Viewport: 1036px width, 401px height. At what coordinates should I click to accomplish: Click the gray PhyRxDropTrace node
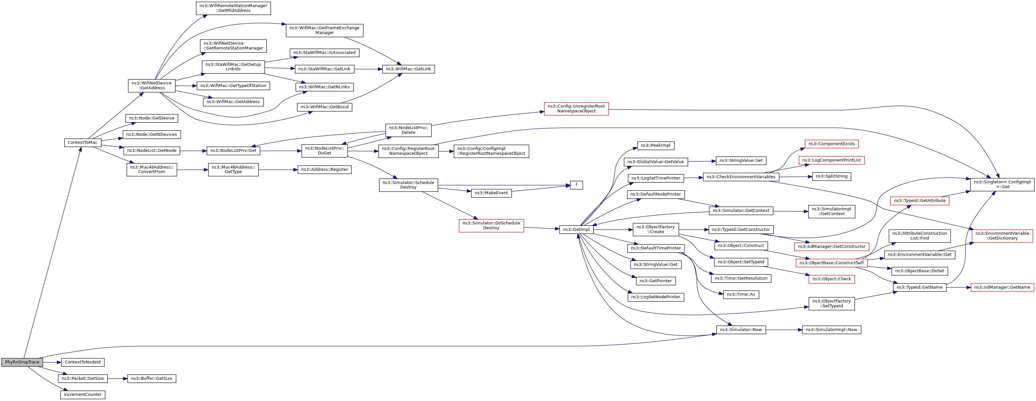tap(22, 362)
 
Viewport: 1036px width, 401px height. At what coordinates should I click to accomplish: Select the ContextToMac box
tap(83, 143)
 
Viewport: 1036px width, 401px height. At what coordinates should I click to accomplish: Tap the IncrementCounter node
tap(83, 395)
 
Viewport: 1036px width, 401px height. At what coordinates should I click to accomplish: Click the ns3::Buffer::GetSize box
tap(152, 379)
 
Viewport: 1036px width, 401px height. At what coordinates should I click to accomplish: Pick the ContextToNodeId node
tap(83, 362)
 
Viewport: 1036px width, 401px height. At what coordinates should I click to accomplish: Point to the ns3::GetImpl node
tap(576, 230)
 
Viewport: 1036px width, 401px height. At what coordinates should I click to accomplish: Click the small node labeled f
tap(576, 185)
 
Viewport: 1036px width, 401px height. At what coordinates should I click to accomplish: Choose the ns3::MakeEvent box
tap(491, 193)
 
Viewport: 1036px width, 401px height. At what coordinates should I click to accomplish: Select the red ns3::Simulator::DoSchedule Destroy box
tap(491, 225)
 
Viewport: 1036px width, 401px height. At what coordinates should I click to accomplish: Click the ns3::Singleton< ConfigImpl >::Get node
tap(1002, 184)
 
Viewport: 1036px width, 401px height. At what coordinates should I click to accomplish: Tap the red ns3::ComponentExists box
tap(832, 144)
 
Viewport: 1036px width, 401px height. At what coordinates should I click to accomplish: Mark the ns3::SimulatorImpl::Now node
tap(831, 330)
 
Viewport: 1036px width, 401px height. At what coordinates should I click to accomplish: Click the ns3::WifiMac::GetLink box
tap(408, 69)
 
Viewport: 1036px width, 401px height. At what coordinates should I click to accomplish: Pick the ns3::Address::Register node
tap(324, 170)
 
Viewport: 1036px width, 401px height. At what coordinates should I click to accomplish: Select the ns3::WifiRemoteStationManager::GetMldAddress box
tap(233, 8)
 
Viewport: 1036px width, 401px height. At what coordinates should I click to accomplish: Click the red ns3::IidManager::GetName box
tap(1002, 287)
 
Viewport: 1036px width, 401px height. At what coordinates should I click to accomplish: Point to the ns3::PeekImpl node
tap(656, 145)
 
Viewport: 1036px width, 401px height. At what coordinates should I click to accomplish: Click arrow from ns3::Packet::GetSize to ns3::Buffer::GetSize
tap(118, 379)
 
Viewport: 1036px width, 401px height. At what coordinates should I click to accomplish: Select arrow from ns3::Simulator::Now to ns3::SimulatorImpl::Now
tap(784, 330)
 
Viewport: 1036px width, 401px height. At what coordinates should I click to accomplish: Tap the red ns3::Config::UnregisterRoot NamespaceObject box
tap(576, 109)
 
